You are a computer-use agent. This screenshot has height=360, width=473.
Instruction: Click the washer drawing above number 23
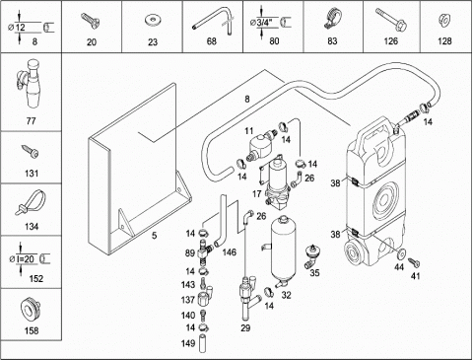point(152,20)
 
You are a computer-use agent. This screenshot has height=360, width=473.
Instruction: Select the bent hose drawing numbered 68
point(214,21)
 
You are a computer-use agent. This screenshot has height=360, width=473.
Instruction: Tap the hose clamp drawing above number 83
point(332,19)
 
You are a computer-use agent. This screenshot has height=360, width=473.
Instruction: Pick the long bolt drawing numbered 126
point(391,20)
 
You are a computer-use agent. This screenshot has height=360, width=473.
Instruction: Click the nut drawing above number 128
point(443,21)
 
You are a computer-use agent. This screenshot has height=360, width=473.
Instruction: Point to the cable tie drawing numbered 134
point(31,203)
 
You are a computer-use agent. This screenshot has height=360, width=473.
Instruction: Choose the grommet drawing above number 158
point(30,310)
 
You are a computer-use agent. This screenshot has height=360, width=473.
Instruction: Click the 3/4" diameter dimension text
point(264,23)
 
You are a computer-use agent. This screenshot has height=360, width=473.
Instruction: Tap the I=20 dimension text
point(25,259)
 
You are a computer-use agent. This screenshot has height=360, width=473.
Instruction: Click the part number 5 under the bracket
point(154,236)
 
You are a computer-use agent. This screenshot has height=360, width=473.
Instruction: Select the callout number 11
point(249,131)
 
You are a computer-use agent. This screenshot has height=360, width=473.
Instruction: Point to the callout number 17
point(256,193)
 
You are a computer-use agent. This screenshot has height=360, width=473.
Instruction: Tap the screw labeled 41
point(414,262)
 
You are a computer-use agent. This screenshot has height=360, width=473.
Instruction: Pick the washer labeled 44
point(401,254)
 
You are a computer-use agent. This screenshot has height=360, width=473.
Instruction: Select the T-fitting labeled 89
point(204,252)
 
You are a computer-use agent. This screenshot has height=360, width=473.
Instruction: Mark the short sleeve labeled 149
point(203,343)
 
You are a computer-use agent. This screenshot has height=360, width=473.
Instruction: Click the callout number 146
point(229,252)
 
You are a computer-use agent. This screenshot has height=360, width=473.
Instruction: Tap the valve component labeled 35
point(311,256)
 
